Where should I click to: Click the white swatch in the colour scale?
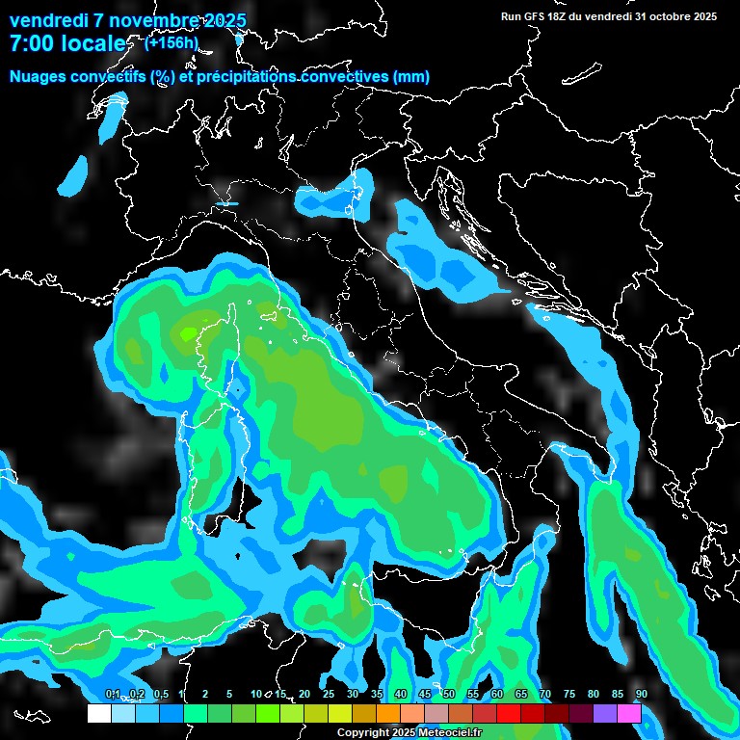tap(99, 713)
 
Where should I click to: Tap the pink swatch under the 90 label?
tap(629, 713)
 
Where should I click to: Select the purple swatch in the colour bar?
tap(605, 713)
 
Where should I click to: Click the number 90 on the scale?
tap(641, 694)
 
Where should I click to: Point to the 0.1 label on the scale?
tap(113, 694)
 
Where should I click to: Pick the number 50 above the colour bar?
tap(449, 694)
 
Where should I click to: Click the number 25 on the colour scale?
tap(329, 694)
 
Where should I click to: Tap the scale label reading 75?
tap(569, 694)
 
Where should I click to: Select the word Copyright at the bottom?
tap(365, 733)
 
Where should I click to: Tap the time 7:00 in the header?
tap(37, 43)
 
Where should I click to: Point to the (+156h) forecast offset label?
tap(172, 42)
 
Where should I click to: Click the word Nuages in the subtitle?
tap(39, 77)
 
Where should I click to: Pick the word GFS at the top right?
tap(533, 16)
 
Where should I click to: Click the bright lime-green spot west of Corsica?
tap(188, 333)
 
